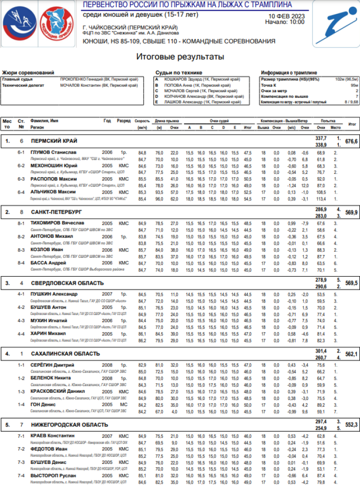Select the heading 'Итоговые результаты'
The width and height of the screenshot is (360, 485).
(x=180, y=57)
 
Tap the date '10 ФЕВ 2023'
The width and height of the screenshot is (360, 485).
(x=287, y=15)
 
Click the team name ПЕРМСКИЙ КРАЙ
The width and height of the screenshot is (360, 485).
(x=54, y=141)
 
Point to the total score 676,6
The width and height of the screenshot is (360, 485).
(x=351, y=142)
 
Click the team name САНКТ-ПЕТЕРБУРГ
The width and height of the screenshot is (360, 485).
(x=56, y=211)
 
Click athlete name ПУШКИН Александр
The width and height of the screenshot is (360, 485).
(x=54, y=294)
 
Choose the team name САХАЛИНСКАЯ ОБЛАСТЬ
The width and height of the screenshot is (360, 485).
(x=65, y=354)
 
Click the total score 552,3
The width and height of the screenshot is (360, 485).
(x=351, y=425)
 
